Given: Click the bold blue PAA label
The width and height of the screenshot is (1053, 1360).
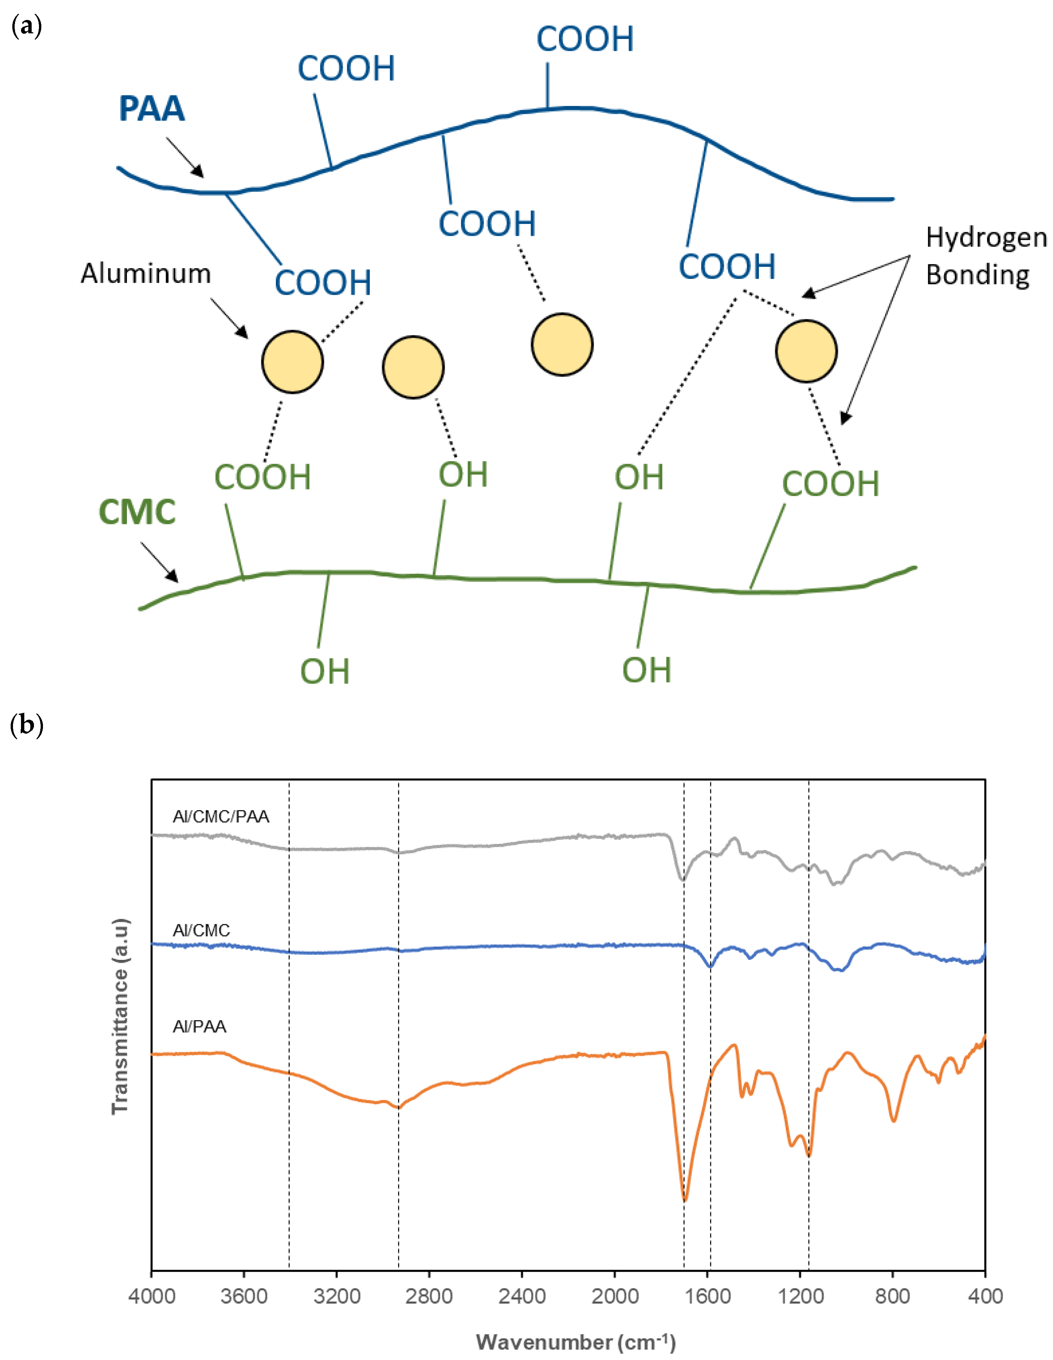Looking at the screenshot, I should (x=152, y=109).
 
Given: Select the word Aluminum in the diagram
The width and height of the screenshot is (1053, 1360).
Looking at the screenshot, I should (x=146, y=274).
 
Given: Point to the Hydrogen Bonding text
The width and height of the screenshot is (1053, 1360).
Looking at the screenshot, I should (x=986, y=256).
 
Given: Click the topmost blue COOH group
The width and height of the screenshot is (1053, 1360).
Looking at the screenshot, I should (x=585, y=39).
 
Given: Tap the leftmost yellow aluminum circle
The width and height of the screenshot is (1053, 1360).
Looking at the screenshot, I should (x=292, y=362).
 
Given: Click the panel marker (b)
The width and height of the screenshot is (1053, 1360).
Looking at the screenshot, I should (x=27, y=725).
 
